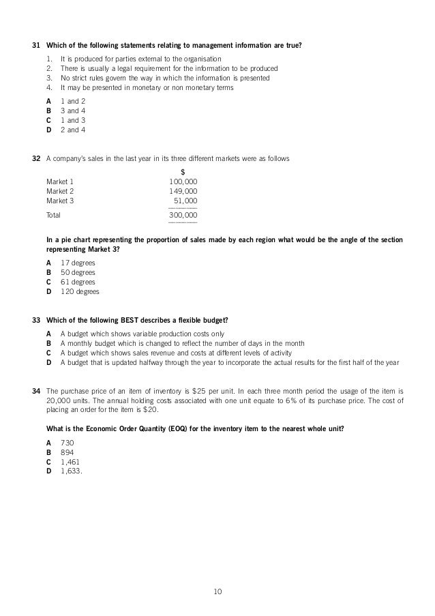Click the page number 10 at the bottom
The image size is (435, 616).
click(217, 591)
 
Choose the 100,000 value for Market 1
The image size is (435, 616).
click(183, 181)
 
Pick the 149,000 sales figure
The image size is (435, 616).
click(183, 192)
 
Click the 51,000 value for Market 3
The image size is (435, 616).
click(185, 201)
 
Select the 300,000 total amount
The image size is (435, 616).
click(183, 215)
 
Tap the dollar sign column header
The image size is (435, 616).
click(183, 171)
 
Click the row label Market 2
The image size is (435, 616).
click(60, 192)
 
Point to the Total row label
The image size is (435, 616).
click(53, 215)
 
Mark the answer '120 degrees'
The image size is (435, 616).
click(80, 291)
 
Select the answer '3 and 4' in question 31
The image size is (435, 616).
click(73, 110)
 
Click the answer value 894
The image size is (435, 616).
click(67, 452)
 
